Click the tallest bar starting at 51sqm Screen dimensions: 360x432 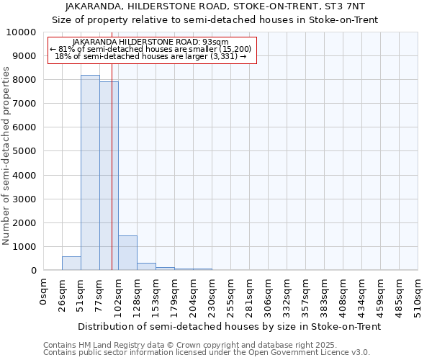(90, 173)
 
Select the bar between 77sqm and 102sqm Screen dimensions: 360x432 (109, 176)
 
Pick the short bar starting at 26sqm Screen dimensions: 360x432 (71, 264)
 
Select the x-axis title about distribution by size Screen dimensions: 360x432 (229, 326)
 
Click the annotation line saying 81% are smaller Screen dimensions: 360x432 (150, 49)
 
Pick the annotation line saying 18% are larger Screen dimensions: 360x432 (150, 56)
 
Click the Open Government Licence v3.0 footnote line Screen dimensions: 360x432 (207, 353)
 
